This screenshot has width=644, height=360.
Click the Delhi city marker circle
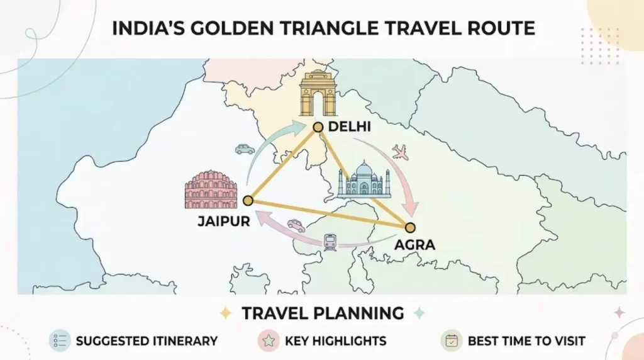tap(318, 127)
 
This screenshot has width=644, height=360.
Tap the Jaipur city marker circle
tap(248, 201)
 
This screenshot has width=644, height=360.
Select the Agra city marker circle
tap(410, 227)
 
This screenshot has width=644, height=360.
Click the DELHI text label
tap(349, 128)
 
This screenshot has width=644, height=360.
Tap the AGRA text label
tap(414, 244)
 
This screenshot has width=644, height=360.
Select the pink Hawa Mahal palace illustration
tap(211, 190)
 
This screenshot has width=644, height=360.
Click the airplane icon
tap(399, 152)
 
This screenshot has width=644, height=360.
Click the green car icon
tap(245, 149)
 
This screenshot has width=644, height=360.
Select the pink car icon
tap(296, 225)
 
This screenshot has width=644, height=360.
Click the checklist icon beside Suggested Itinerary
tap(59, 341)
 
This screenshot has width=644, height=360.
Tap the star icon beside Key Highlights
tap(269, 341)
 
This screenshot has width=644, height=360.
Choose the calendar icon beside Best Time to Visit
tap(452, 341)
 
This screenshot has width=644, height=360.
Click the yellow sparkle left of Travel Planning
tap(225, 313)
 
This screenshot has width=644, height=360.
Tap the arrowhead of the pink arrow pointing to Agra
tap(412, 208)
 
